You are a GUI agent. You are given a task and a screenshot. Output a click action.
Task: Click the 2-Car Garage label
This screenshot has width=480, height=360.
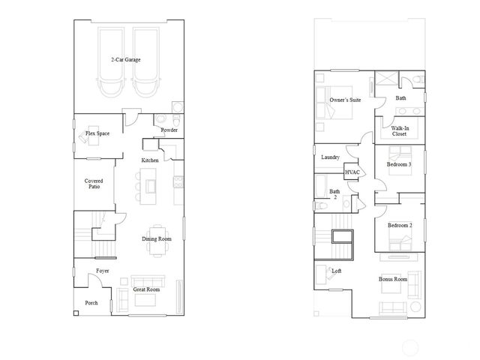click(126, 58)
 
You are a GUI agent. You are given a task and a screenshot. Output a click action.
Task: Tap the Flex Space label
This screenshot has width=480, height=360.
click(97, 133)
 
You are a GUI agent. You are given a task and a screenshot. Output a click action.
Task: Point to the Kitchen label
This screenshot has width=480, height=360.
click(150, 160)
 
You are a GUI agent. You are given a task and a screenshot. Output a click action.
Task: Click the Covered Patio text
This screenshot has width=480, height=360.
click(94, 183)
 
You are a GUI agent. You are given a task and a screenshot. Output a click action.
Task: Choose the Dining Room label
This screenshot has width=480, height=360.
click(157, 238)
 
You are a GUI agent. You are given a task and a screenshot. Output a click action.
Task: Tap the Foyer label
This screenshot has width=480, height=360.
click(102, 271)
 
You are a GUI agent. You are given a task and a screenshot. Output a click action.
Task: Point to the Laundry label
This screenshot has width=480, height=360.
click(331, 157)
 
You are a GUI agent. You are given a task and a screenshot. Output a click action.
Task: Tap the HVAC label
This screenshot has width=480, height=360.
click(352, 172)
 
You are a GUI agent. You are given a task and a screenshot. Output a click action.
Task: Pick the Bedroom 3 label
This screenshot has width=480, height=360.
click(399, 163)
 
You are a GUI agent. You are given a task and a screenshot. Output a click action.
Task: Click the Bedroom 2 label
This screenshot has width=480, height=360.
click(399, 225)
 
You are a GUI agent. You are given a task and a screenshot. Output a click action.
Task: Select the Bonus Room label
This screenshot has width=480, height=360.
click(393, 279)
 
